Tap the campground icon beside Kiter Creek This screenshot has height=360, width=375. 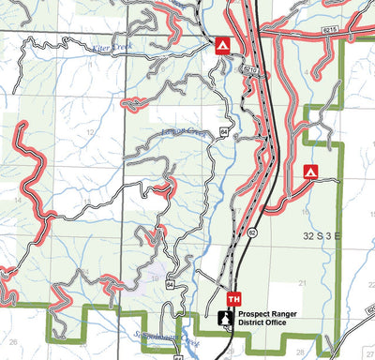tap(222, 44)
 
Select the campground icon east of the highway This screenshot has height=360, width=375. tap(311, 172)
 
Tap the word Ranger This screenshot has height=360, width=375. tap(298, 314)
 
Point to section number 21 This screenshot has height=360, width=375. tap(302, 281)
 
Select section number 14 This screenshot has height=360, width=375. tap(18, 201)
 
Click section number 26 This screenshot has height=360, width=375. tap(14, 343)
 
